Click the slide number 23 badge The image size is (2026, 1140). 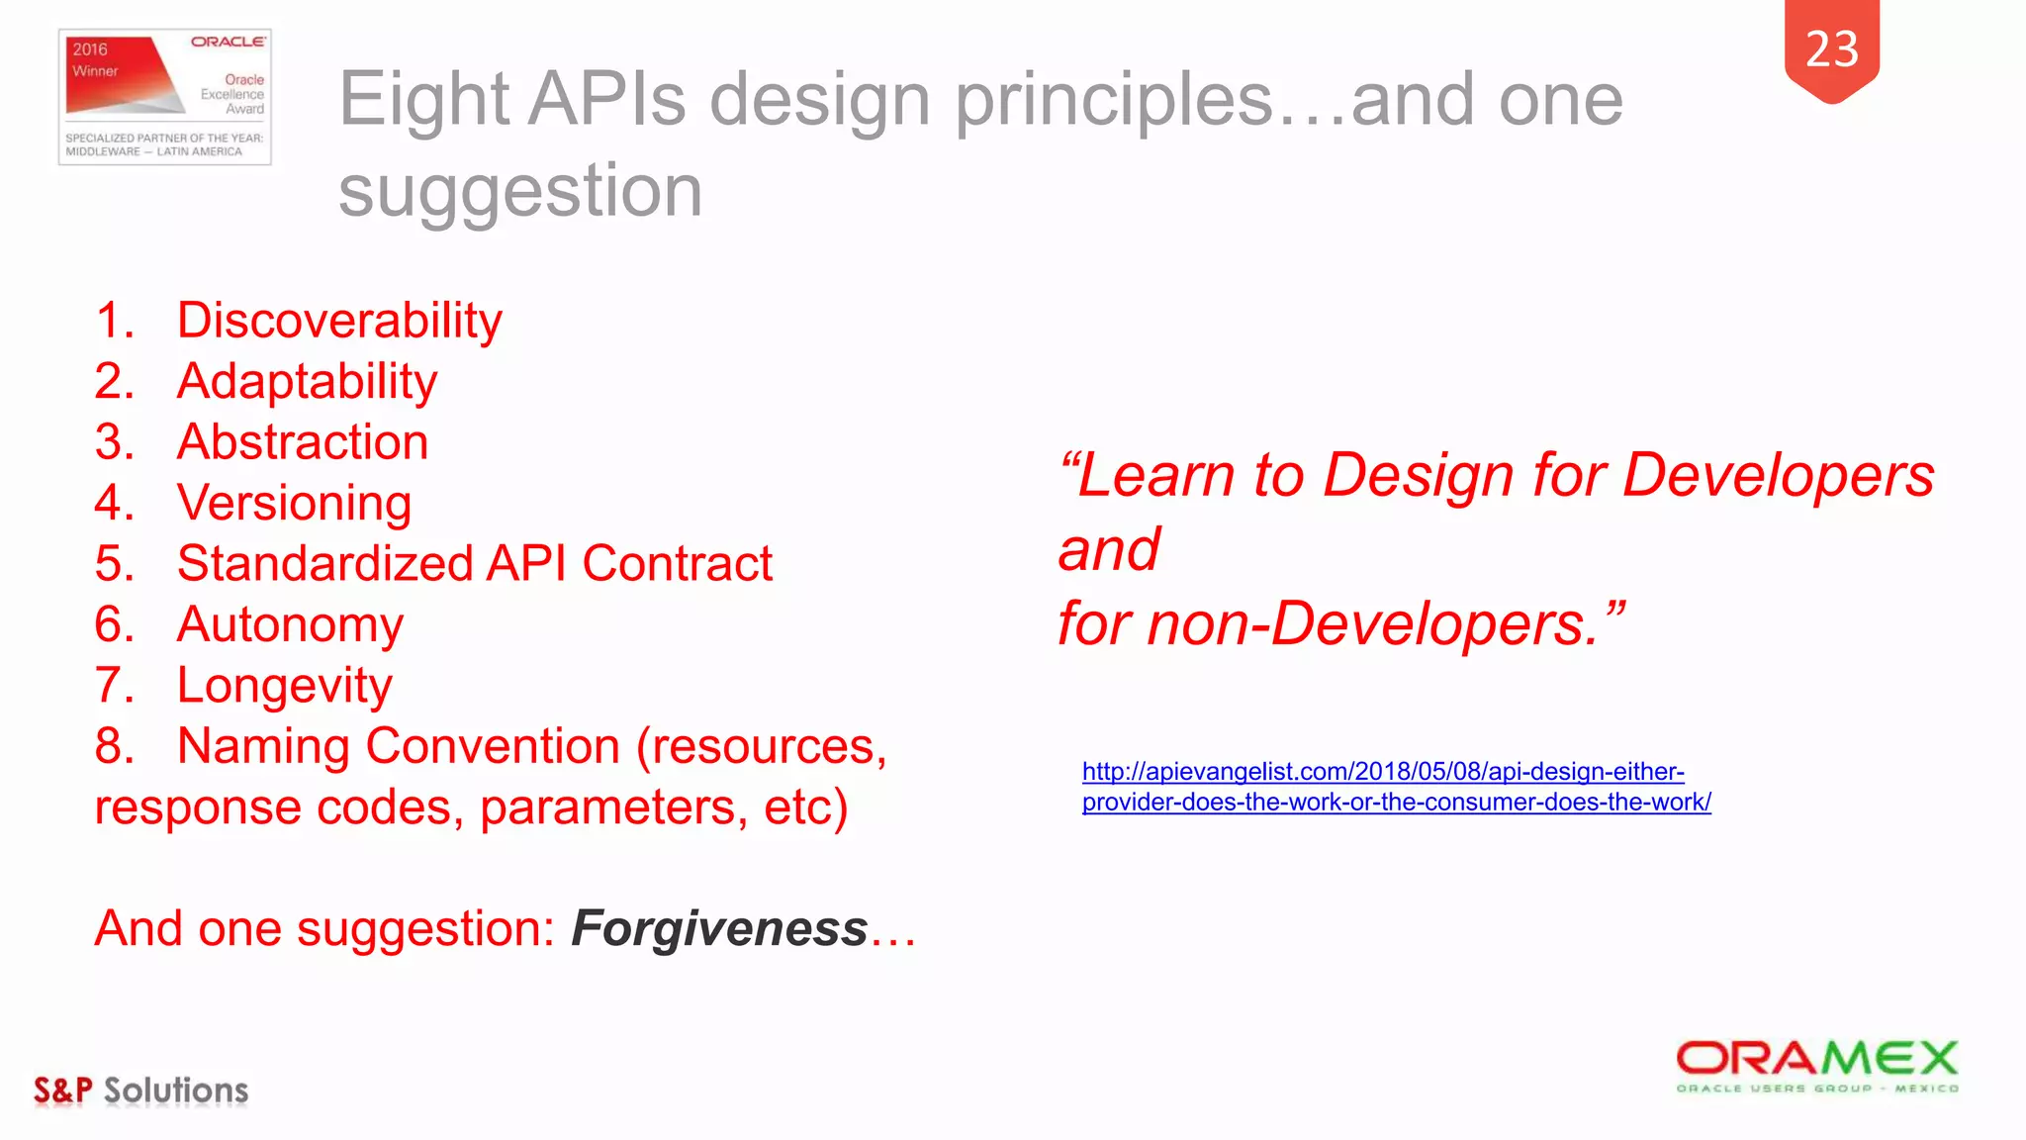(x=1831, y=49)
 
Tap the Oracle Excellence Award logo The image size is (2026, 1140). (x=165, y=97)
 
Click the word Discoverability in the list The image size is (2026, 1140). (x=339, y=321)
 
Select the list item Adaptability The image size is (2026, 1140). (x=307, y=382)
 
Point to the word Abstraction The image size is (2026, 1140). (x=303, y=442)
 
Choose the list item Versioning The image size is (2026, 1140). (x=294, y=503)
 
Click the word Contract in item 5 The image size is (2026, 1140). (x=677, y=564)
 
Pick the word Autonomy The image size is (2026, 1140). (x=290, y=625)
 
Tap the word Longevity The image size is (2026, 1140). (x=285, y=686)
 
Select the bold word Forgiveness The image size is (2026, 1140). (x=719, y=928)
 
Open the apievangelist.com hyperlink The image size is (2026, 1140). (x=1395, y=787)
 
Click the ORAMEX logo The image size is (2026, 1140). (x=1816, y=1066)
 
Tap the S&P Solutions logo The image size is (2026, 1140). (x=140, y=1091)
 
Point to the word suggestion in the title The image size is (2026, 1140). (x=520, y=191)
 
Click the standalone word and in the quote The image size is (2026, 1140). (x=1109, y=550)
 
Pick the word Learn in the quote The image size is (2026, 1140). (x=1155, y=476)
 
